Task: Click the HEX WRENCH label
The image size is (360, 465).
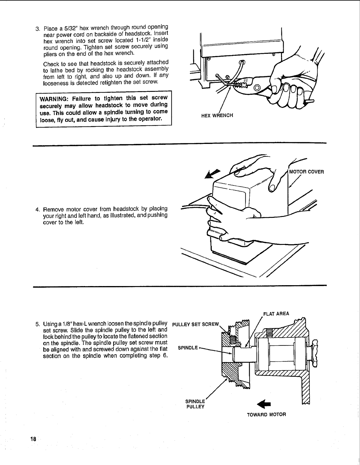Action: tap(217, 115)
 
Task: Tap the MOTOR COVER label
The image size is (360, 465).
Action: tap(306, 172)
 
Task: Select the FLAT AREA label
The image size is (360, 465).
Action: tap(276, 313)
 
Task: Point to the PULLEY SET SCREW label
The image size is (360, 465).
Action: tap(196, 325)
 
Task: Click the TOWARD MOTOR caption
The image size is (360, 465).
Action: tap(266, 415)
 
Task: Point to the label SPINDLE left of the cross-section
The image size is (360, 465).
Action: tap(188, 348)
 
